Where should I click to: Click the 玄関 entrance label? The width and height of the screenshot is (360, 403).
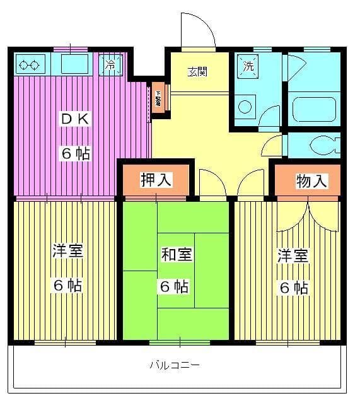tap(198, 71)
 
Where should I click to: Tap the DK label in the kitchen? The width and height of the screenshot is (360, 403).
tap(76, 119)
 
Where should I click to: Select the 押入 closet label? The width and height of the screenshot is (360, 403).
tap(156, 180)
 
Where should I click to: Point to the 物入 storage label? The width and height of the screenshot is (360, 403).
tap(311, 181)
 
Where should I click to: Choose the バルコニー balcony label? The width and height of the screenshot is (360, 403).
tap(175, 365)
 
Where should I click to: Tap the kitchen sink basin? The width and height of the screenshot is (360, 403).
tap(75, 64)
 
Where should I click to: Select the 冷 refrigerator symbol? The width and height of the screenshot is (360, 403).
tap(112, 64)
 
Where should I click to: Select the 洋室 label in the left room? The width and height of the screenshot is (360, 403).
tap(67, 251)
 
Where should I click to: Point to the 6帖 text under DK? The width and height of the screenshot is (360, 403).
tap(76, 153)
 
